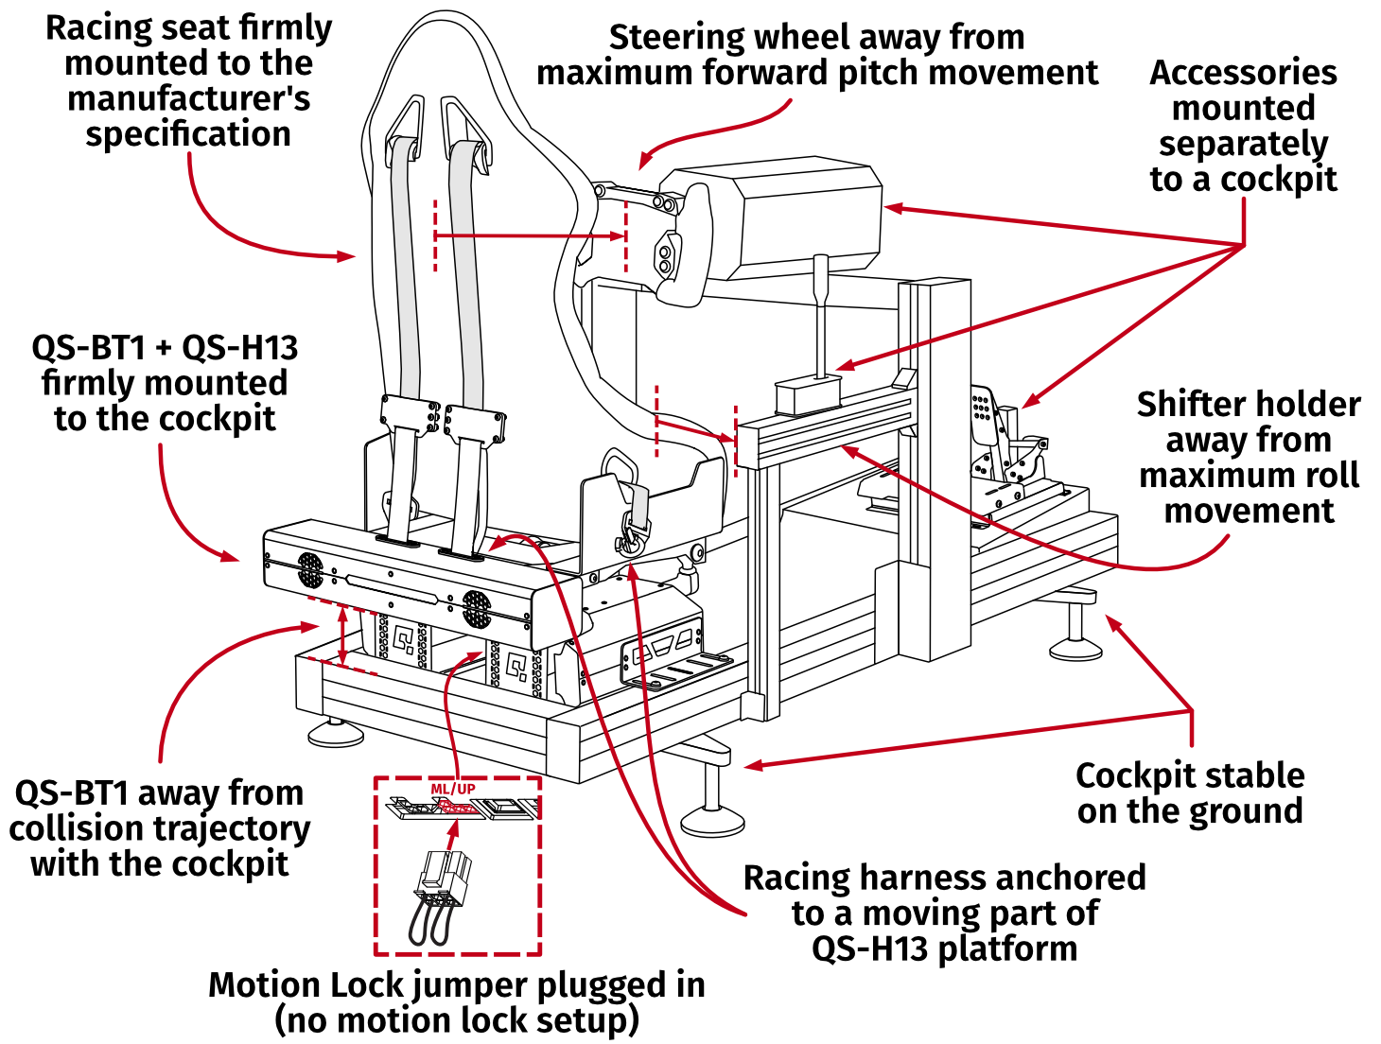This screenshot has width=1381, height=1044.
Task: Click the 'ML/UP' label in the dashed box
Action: click(x=453, y=789)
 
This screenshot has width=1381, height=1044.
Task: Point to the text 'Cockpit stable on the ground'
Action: click(x=1189, y=792)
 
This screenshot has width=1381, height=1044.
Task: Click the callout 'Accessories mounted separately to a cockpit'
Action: click(x=1242, y=126)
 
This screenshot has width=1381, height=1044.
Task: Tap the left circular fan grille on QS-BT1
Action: click(x=310, y=569)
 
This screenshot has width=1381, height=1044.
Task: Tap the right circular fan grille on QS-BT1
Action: click(x=477, y=608)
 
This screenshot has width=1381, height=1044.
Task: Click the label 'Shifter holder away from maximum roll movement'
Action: click(x=1248, y=457)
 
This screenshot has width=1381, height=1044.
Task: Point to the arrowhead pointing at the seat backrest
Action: click(x=347, y=255)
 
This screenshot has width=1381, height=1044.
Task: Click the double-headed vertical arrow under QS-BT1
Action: click(x=342, y=635)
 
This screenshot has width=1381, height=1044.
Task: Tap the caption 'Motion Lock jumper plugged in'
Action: click(x=457, y=984)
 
